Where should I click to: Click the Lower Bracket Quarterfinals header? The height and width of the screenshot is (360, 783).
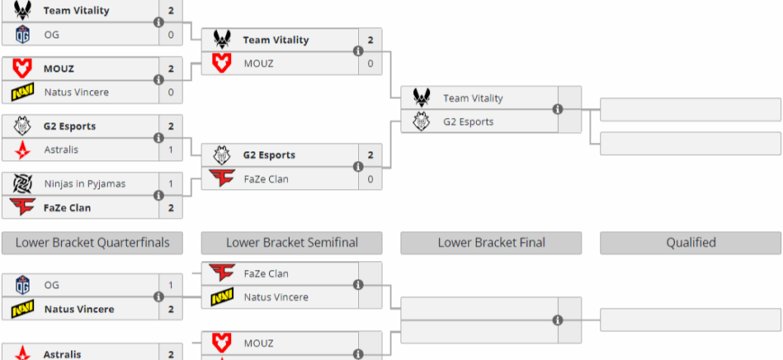[92, 242]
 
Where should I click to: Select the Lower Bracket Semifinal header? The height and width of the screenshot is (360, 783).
[292, 242]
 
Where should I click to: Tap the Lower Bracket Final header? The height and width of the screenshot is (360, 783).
[491, 242]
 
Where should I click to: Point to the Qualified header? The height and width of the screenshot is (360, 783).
[690, 242]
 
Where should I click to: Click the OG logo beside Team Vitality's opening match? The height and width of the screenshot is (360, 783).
[22, 34]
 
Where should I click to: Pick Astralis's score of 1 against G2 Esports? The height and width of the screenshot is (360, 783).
[171, 149]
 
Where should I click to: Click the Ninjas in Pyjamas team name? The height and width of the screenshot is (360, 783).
[85, 184]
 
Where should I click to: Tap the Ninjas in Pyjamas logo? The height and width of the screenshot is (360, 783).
[22, 184]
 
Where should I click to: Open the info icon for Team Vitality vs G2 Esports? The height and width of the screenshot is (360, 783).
[557, 110]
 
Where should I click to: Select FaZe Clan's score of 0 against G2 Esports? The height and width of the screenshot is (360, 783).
[370, 178]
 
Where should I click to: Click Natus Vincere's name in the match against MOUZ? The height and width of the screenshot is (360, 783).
[82, 92]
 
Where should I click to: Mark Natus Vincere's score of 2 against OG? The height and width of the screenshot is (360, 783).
[171, 309]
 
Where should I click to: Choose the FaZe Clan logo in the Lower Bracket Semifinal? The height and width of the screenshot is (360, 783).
[222, 273]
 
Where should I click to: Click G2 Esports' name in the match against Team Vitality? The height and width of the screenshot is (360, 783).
[468, 121]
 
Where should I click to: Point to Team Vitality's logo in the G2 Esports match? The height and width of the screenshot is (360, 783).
[422, 98]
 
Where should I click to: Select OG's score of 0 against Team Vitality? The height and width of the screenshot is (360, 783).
[171, 34]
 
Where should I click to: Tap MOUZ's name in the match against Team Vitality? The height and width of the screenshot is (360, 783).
[257, 63]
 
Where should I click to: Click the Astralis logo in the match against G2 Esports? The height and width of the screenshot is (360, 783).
[22, 149]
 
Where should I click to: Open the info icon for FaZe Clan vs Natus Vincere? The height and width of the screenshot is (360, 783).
[358, 285]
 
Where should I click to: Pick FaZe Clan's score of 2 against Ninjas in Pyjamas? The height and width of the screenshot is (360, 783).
[171, 207]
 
